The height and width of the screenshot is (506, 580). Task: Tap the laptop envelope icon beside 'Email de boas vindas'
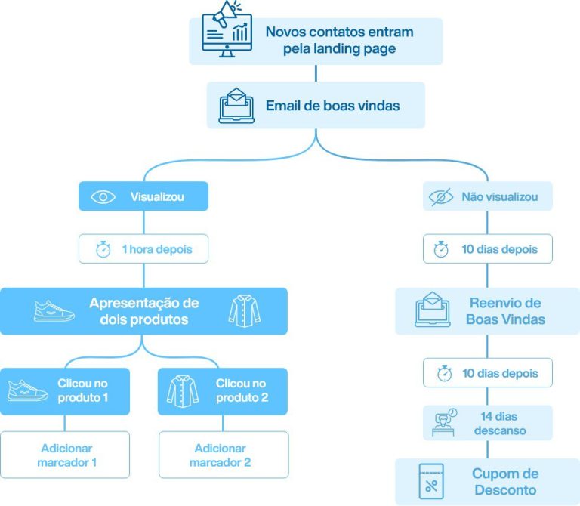237,106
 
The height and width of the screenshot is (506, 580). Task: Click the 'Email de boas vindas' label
332,106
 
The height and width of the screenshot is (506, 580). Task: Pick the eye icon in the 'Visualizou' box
103,197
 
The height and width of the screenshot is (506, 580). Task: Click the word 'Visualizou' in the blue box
157,197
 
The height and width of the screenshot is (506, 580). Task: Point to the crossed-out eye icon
440,197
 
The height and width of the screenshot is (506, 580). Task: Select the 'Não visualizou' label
500,197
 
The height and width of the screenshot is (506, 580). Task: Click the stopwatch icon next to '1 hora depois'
103,250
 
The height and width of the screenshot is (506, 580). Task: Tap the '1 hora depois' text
156,250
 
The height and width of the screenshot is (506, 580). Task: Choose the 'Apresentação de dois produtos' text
143,311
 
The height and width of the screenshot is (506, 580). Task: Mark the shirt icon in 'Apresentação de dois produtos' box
242,311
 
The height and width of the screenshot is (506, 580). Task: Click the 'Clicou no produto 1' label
83,390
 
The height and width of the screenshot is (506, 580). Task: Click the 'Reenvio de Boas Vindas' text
505,311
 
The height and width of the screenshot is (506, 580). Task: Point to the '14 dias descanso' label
499,423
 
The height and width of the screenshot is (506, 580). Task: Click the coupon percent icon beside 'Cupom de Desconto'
431,481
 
